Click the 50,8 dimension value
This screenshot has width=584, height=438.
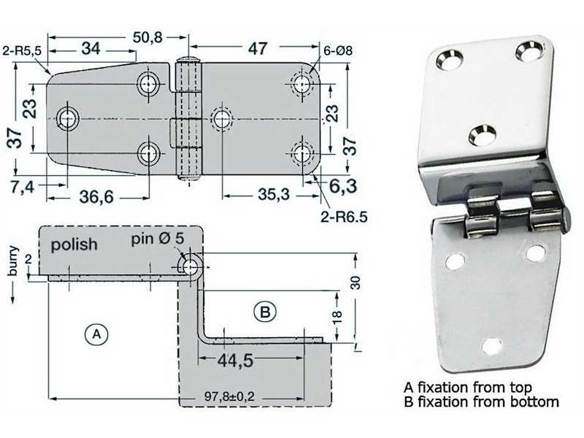(x=148, y=37)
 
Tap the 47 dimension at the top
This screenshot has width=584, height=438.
(x=258, y=48)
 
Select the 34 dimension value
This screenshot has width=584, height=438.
(x=91, y=48)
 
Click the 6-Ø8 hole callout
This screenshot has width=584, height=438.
(x=338, y=50)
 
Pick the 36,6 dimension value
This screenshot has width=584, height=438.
(x=96, y=196)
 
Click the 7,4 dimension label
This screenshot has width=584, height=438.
(x=23, y=187)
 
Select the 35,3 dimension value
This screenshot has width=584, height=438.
(x=274, y=194)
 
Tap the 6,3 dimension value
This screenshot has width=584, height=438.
(x=343, y=186)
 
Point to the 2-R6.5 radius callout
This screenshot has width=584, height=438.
(x=344, y=217)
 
